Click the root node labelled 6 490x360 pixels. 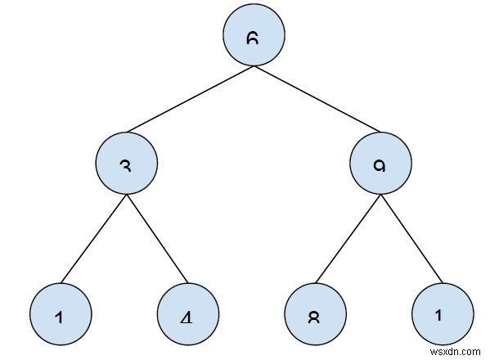pos(254,38)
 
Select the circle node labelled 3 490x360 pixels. pos(126,164)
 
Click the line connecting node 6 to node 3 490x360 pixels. pos(190,101)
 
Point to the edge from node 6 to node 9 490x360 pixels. pos(317,101)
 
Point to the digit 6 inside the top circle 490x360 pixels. pos(254,38)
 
